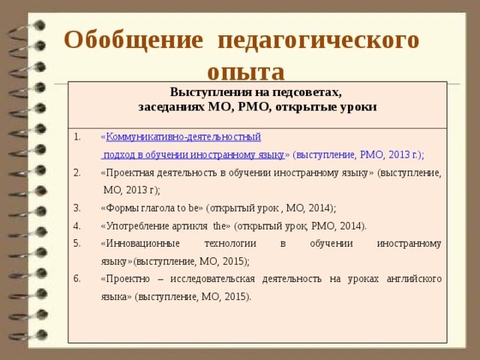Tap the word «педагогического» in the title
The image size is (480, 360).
pos(318,39)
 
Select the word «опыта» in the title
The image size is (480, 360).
pos(246,72)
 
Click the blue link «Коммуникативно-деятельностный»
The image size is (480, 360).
pos(184,136)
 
